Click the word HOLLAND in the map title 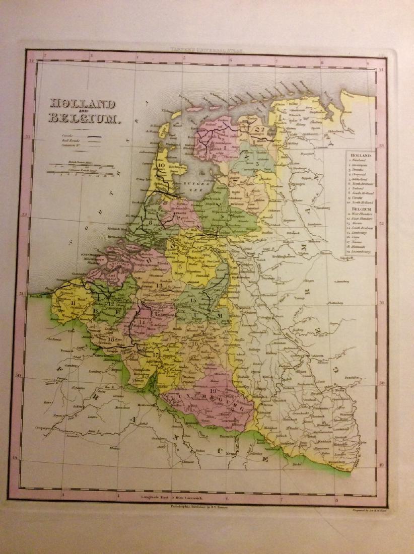pyautogui.click(x=82, y=104)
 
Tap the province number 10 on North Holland pyautogui.click(x=161, y=164)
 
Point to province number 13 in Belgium pyautogui.click(x=159, y=286)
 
